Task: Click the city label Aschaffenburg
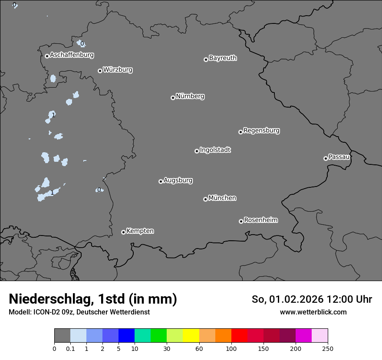72,55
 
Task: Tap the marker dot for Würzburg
100,71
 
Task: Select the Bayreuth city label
223,58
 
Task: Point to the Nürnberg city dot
173,98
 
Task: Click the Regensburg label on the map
261,130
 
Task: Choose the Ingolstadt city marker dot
197,151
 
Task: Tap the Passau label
339,157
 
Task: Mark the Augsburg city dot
161,181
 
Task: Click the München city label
222,198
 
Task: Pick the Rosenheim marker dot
241,222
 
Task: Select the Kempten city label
140,231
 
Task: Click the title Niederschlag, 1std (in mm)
93,299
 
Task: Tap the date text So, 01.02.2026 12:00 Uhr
312,299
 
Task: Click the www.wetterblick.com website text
313,312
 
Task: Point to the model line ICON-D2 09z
79,312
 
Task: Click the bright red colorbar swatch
239,336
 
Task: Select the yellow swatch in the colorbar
191,336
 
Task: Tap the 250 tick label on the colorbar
328,348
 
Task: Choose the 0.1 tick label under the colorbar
70,348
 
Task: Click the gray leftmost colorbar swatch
62,336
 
